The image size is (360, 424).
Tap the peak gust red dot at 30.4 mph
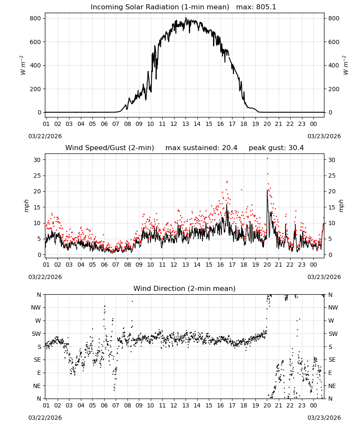click(267, 159)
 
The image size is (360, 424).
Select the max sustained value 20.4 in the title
click(230, 148)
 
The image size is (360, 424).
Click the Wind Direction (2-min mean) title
click(185, 288)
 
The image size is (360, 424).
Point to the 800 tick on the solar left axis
click(36, 18)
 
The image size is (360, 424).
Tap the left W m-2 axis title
click(23, 65)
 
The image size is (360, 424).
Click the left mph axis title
click(26, 206)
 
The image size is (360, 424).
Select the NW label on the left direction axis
click(36, 307)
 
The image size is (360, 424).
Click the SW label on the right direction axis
click(333, 334)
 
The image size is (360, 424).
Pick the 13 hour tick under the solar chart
click(186, 124)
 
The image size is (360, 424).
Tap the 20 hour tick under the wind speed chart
click(267, 265)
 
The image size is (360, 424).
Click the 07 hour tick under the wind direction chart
click(116, 405)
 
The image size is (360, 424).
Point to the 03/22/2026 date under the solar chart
click(45, 136)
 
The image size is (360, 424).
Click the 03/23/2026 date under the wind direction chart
click(324, 418)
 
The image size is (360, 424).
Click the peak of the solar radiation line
click(186, 17)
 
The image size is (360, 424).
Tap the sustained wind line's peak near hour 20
click(267, 190)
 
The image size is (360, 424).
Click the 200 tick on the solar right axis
click(334, 89)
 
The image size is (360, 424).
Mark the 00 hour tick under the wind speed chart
click(313, 265)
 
